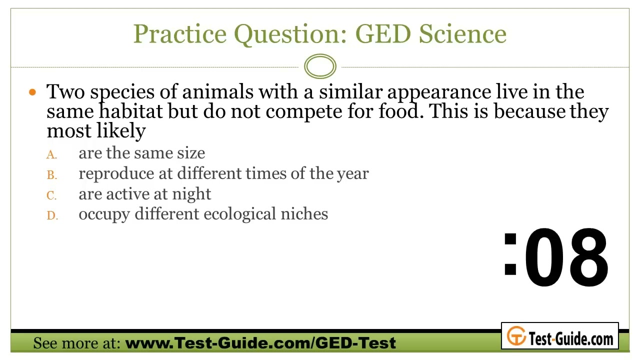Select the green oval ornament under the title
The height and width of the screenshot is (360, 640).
point(320,66)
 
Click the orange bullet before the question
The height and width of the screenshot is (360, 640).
point(32,92)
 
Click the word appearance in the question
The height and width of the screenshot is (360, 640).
point(439,92)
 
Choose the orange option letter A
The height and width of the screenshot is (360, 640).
point(51,154)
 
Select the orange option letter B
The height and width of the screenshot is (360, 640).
point(51,175)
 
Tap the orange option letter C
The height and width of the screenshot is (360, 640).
point(51,195)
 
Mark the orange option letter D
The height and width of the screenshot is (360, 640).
point(52,215)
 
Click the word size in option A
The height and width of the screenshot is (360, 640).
point(191,153)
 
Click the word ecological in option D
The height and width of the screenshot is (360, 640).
point(239,214)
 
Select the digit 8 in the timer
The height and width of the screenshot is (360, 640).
point(588,257)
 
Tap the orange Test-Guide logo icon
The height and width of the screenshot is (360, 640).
point(516,335)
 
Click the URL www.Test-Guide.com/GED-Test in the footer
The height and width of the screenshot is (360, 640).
point(260,342)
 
